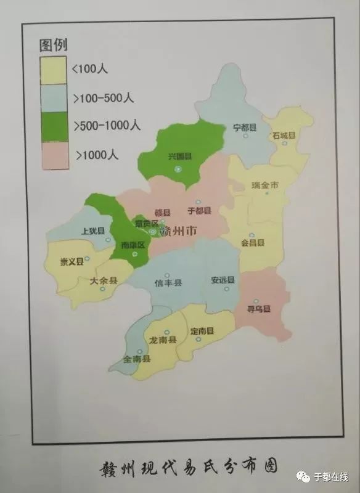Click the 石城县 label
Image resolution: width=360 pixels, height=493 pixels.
coord(284,135)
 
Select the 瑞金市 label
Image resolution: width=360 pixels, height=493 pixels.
coord(266,185)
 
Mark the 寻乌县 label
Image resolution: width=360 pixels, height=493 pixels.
coord(259,309)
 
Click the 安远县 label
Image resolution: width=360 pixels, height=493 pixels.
coord(223,280)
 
